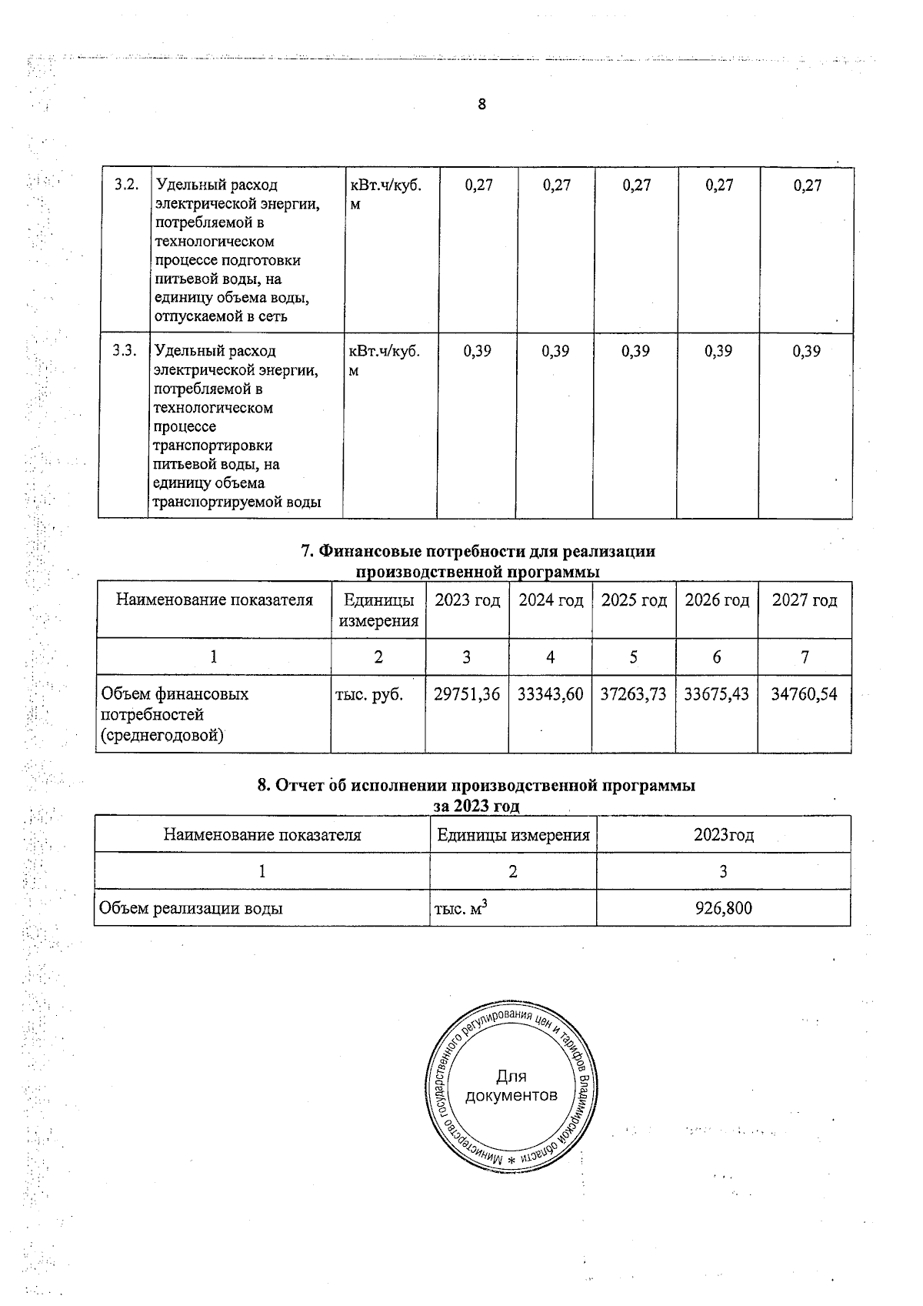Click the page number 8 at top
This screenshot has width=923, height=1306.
[481, 105]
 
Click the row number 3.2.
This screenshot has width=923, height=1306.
[126, 185]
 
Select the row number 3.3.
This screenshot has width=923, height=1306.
[125, 351]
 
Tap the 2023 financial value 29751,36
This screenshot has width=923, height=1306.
[467, 694]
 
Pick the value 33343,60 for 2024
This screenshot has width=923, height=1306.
[550, 694]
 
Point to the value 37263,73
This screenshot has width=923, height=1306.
[633, 694]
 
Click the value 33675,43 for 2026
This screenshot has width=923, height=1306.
[716, 694]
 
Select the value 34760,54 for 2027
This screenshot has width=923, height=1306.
[804, 694]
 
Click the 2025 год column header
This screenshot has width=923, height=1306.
[634, 600]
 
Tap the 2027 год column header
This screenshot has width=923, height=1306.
[805, 600]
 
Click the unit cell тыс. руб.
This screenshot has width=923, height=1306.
[369, 694]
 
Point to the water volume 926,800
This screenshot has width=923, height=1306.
[723, 908]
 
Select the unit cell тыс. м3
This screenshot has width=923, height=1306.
[461, 909]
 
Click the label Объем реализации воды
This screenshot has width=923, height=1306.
[191, 908]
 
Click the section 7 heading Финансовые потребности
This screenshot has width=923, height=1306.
[478, 552]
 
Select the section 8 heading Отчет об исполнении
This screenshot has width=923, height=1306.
[475, 786]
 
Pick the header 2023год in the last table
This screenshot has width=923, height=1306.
[723, 835]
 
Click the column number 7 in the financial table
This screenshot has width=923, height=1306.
[805, 657]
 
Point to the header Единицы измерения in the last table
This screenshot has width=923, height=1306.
[513, 835]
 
